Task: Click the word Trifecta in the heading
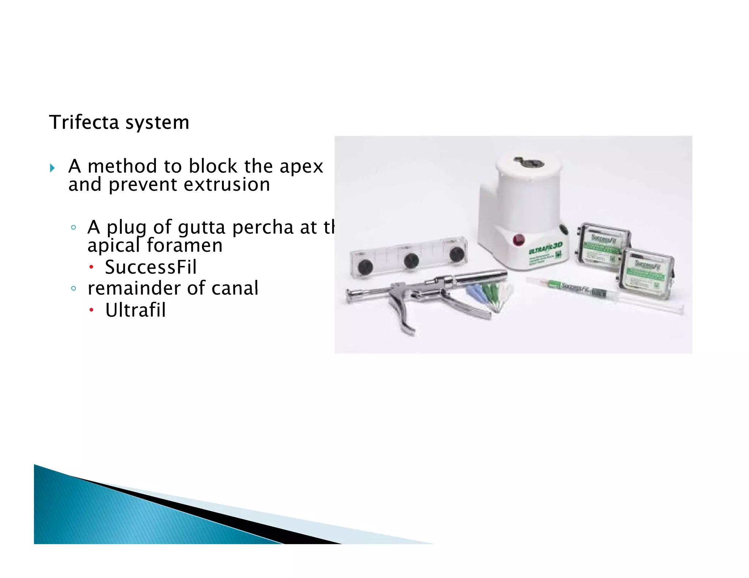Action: point(84,122)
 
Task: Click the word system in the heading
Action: point(157,123)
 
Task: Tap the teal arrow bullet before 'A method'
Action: point(52,168)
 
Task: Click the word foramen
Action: point(185,246)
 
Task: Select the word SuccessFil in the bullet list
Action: point(151,267)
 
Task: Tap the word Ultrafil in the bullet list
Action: point(135,310)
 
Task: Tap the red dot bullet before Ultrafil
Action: point(91,311)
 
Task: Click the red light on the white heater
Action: point(519,240)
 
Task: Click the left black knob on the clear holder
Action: point(365,267)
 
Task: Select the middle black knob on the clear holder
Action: point(411,261)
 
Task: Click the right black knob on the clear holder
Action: point(456,254)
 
